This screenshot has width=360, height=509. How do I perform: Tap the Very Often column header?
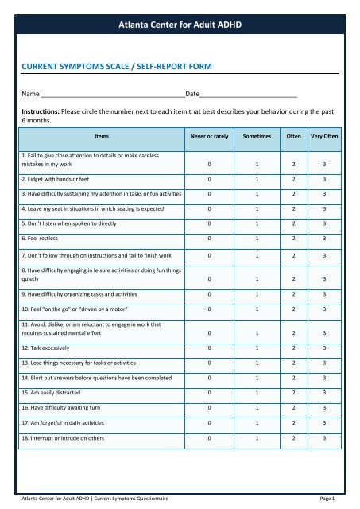tap(325, 136)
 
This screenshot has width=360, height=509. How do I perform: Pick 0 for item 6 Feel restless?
tap(209, 238)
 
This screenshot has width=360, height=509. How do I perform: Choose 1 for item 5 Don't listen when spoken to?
tap(257, 219)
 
